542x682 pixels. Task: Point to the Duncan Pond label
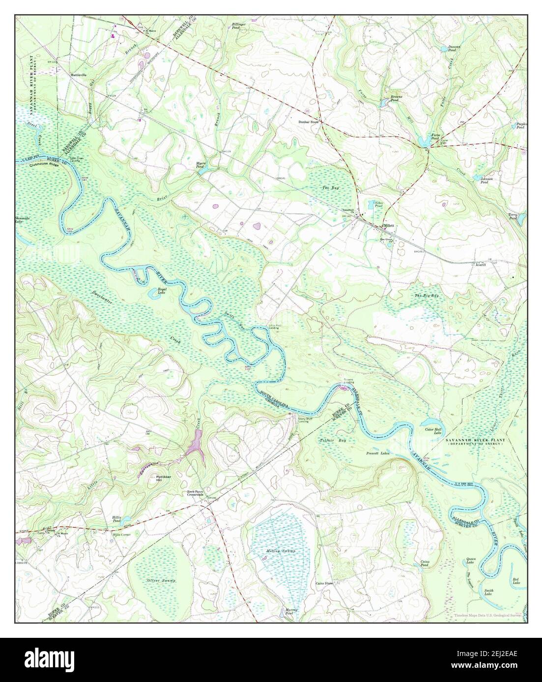(453, 49)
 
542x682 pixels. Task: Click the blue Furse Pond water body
(423, 143)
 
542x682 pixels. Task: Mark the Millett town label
(389, 225)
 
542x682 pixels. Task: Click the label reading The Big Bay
(426, 295)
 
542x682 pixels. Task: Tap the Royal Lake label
(162, 291)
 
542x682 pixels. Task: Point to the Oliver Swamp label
(161, 580)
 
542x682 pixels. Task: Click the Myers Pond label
(200, 167)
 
